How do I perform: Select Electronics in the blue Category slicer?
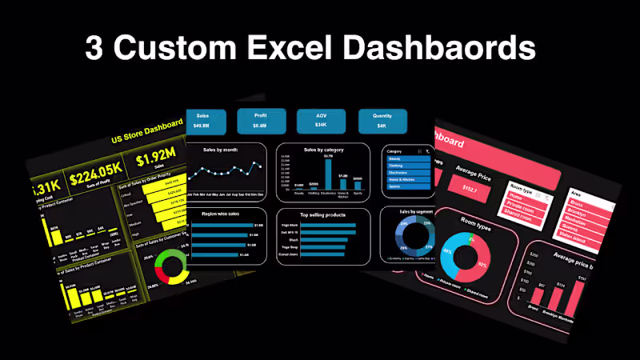[x=408, y=172]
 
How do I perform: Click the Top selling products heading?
[x=322, y=214]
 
